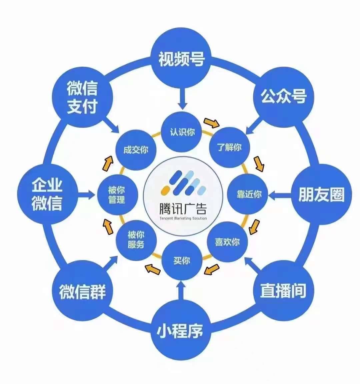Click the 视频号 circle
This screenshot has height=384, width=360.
pyautogui.click(x=181, y=58)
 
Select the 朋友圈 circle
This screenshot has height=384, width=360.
pyautogui.click(x=321, y=194)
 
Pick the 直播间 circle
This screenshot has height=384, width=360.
pyautogui.click(x=283, y=291)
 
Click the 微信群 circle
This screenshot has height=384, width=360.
pyautogui.click(x=82, y=291)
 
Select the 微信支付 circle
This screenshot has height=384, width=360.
pyautogui.click(x=82, y=97)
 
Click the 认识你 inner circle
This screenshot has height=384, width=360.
pyautogui.click(x=182, y=132)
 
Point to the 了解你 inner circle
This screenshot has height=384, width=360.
pyautogui.click(x=229, y=148)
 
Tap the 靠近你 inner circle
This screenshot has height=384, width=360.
pyautogui.click(x=248, y=194)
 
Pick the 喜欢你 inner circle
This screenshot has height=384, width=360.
pyautogui.click(x=228, y=242)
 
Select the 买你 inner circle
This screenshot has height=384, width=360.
pyautogui.click(x=182, y=260)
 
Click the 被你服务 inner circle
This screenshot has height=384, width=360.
pyautogui.click(x=136, y=240)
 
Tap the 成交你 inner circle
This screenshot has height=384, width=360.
pyautogui.click(x=136, y=150)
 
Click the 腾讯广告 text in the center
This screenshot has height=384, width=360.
pyautogui.click(x=183, y=209)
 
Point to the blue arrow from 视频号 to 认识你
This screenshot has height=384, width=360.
pyautogui.click(x=182, y=99)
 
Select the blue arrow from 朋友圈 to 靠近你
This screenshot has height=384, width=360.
pyautogui.click(x=280, y=195)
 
